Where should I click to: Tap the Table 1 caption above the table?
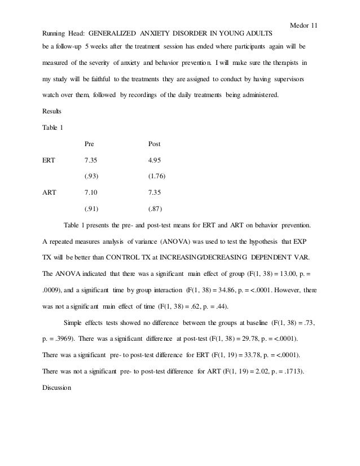(54, 128)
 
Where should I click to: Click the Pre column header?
(89, 144)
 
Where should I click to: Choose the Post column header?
(154, 144)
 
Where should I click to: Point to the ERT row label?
(49, 160)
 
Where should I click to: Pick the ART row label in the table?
(50, 192)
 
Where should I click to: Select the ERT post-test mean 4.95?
(155, 160)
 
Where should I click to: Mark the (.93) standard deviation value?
(91, 177)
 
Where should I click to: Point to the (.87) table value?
(155, 209)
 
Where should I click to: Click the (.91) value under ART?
(91, 209)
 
